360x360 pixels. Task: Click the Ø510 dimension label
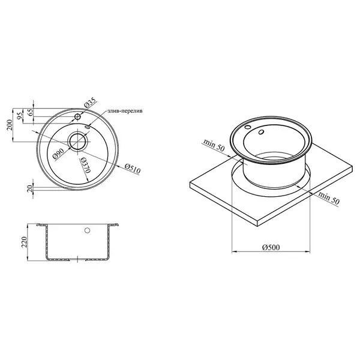pyautogui.click(x=132, y=169)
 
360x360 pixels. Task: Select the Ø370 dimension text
pyautogui.click(x=85, y=166)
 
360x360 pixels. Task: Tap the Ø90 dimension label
pyautogui.click(x=58, y=154)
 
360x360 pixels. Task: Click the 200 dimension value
pyautogui.click(x=10, y=125)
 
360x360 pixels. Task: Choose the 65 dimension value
pyautogui.click(x=30, y=112)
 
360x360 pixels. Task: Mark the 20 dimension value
pyautogui.click(x=30, y=189)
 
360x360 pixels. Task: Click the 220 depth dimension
pyautogui.click(x=24, y=242)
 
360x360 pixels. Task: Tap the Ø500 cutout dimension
pyautogui.click(x=271, y=247)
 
